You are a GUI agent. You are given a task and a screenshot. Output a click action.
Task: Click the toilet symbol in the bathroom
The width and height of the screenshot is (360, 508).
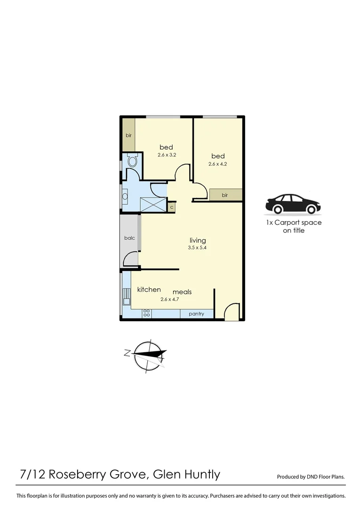point(133,162)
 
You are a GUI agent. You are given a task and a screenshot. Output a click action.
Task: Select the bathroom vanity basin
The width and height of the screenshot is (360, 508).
point(125,197)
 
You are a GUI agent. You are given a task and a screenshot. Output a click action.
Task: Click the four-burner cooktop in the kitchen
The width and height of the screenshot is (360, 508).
point(146,312)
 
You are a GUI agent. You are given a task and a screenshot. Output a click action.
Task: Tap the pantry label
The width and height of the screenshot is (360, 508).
point(196,313)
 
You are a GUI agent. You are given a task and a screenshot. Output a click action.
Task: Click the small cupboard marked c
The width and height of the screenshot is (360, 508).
point(172,206)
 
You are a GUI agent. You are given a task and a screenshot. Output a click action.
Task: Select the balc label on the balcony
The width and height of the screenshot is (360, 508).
point(129,238)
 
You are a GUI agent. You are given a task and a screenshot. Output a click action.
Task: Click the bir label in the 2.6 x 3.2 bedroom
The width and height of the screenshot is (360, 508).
point(128,135)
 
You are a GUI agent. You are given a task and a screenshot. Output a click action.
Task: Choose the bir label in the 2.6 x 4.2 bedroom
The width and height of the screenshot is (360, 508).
point(225,195)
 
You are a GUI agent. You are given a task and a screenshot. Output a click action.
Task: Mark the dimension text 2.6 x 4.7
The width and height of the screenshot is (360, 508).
point(170,299)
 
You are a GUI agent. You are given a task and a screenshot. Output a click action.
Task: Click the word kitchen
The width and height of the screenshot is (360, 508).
point(149,290)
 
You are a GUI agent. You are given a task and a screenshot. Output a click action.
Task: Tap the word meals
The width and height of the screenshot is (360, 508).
point(182,292)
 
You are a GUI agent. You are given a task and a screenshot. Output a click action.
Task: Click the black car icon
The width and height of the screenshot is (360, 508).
point(293,203)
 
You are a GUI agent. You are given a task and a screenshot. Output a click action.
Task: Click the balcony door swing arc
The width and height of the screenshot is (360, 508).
point(131,259)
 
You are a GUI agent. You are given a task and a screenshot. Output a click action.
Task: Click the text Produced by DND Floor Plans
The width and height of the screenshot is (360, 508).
point(311,476)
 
